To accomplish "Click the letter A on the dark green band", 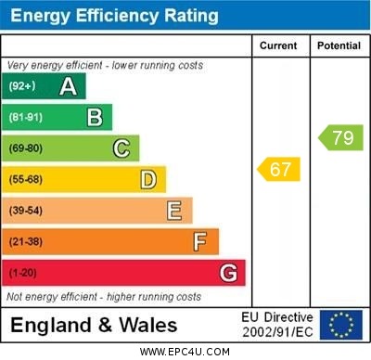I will coord(68,86).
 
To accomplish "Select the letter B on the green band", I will coord(95,117).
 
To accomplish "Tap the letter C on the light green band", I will coord(122,148).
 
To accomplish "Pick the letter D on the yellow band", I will coord(147,179).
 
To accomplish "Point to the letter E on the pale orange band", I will coord(174,211).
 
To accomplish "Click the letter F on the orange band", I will coord(200,242).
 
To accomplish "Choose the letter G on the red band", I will coord(228,273).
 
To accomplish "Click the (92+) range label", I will coord(22,86).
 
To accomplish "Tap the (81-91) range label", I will coord(26,118).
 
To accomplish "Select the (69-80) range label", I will coord(26,148).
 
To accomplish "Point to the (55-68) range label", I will coord(26,180).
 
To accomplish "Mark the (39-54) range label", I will coord(26,211).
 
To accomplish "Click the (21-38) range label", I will coord(26,242).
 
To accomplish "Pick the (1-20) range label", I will coord(23,274).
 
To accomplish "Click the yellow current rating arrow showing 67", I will coord(278,170).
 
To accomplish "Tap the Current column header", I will coord(278,45).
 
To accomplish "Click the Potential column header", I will coord(339,45).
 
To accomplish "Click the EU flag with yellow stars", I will coord(341,325).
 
